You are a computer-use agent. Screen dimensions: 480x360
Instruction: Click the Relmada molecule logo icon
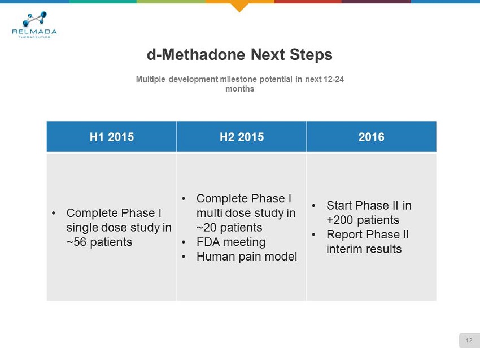pos(35,19)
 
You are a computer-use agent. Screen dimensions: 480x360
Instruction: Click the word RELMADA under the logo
pos(34,32)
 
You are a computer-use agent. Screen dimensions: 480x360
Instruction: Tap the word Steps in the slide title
pos(311,55)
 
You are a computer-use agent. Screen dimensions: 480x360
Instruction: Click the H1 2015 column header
pos(112,137)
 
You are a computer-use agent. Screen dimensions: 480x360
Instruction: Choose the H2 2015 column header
pos(242,137)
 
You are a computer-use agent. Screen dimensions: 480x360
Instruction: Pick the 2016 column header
pos(372,137)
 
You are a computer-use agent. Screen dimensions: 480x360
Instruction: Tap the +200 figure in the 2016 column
pos(339,220)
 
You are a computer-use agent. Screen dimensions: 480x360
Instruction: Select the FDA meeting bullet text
pos(231,242)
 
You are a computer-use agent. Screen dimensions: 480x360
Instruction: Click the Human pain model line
pos(247,257)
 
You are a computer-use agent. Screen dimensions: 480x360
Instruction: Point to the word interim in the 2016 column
pos(343,249)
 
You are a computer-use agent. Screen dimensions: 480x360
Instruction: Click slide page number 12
pos(469,340)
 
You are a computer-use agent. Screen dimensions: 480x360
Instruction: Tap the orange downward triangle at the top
pos(239,7)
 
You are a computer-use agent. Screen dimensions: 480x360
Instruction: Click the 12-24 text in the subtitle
pos(333,79)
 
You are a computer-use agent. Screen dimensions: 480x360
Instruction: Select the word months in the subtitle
pos(239,89)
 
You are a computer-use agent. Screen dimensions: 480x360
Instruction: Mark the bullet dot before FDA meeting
pos(184,242)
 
